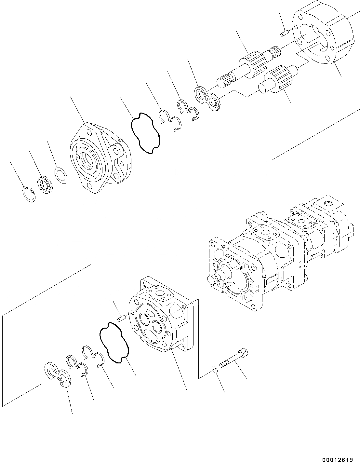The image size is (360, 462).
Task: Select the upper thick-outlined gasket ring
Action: coord(145,133)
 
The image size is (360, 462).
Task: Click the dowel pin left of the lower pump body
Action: coord(122,317)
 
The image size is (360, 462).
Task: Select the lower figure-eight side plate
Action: coord(58,375)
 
